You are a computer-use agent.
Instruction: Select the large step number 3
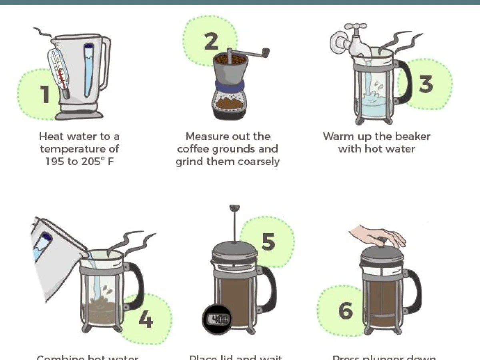(x=426, y=84)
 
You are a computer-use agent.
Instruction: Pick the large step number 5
(x=268, y=241)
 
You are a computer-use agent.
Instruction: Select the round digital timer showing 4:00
(x=216, y=319)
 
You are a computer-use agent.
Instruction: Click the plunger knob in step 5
(x=234, y=208)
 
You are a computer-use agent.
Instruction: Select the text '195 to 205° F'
(x=79, y=162)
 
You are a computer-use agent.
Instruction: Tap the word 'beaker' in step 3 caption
(x=412, y=136)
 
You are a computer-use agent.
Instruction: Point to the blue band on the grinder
(x=229, y=85)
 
